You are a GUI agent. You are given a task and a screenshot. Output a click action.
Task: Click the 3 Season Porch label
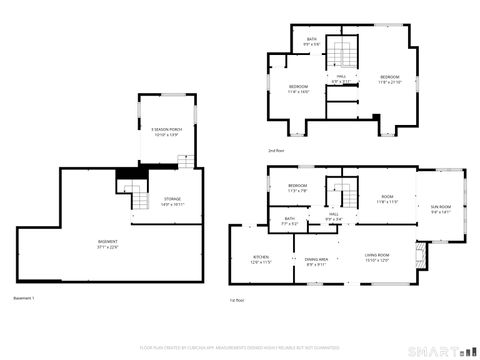pyautogui.click(x=165, y=130)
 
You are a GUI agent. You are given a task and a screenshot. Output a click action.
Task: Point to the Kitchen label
pyautogui.click(x=261, y=259)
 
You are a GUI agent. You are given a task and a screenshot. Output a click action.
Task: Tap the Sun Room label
pyautogui.click(x=441, y=210)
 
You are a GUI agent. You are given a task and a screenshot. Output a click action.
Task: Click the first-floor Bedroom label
pyautogui.click(x=298, y=188)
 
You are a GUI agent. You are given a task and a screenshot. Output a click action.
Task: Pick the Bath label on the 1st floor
pyautogui.click(x=289, y=221)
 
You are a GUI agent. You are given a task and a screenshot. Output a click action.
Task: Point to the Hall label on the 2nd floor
pyautogui.click(x=341, y=78)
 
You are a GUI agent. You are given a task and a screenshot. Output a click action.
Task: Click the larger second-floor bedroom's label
pyautogui.click(x=389, y=79)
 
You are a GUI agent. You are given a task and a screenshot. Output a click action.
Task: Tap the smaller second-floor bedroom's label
pyautogui.click(x=299, y=89)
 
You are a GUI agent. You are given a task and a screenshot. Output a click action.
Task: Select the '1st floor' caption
pyautogui.click(x=238, y=299)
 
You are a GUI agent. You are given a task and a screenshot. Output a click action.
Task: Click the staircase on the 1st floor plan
pyautogui.click(x=344, y=192)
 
